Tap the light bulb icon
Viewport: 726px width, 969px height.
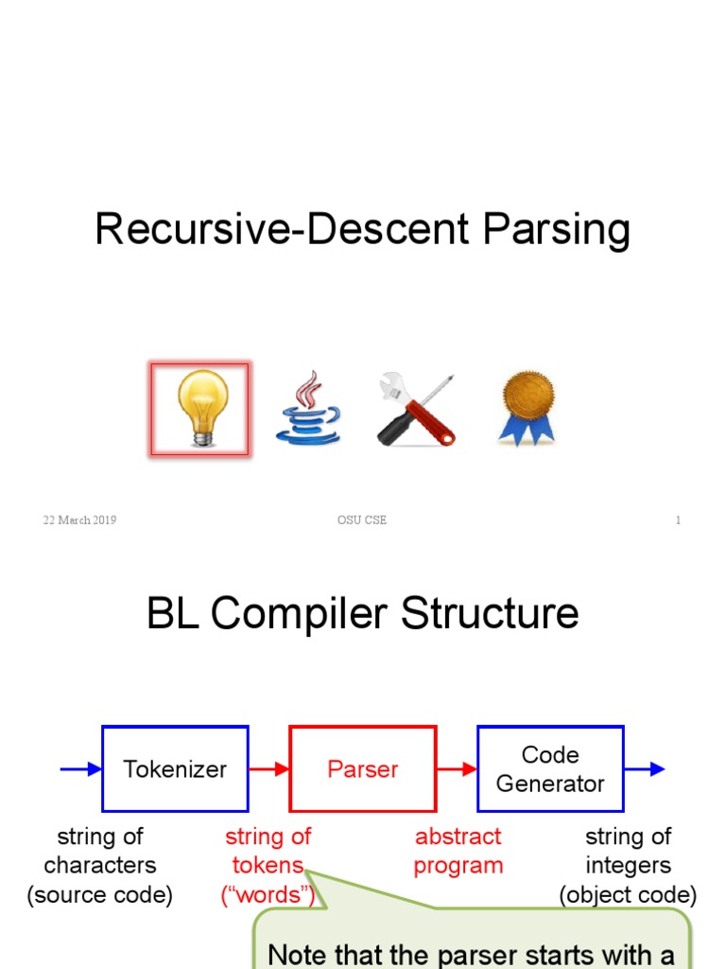click(x=199, y=410)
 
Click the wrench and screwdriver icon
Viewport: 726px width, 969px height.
click(x=416, y=410)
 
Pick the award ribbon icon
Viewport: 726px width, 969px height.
click(x=527, y=408)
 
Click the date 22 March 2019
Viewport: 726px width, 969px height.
click(x=79, y=520)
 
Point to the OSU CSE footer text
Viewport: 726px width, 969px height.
click(x=362, y=520)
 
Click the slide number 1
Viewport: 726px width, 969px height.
click(x=678, y=520)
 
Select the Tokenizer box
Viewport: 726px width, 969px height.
click(x=175, y=769)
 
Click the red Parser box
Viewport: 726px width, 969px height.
click(x=363, y=769)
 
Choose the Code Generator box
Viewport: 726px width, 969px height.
click(x=550, y=769)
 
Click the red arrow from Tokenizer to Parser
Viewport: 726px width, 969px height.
click(x=268, y=769)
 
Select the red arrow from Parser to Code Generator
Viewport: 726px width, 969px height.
click(x=457, y=769)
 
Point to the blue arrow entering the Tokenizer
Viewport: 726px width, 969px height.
click(x=81, y=769)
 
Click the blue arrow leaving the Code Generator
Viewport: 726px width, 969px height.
click(x=645, y=769)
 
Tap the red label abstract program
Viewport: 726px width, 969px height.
click(x=458, y=851)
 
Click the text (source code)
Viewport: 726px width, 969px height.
click(x=100, y=894)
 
